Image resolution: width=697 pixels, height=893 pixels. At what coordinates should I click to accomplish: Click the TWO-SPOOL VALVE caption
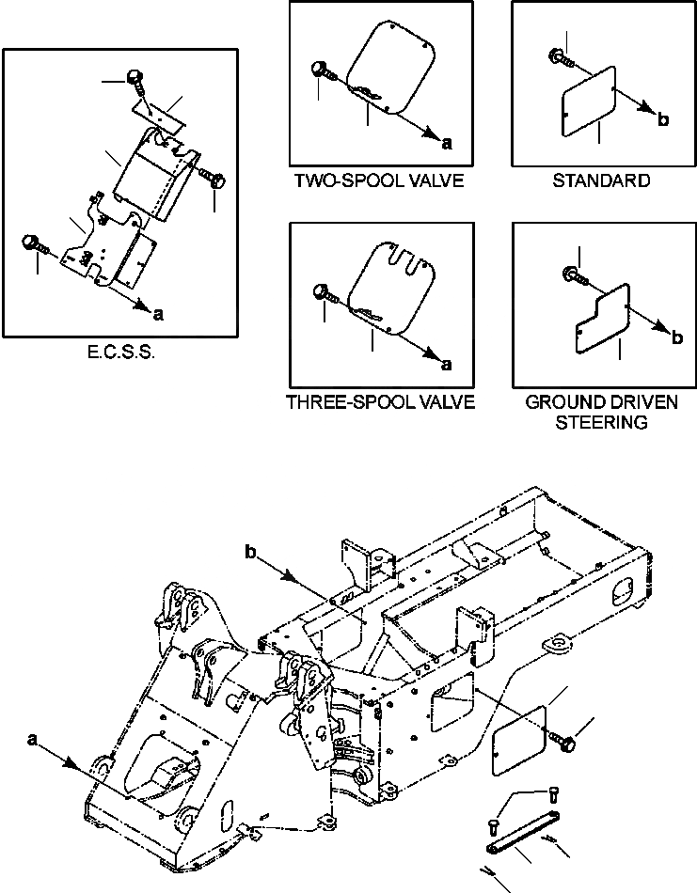pos(379,180)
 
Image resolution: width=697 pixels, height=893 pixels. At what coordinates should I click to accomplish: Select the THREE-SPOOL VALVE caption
pos(379,403)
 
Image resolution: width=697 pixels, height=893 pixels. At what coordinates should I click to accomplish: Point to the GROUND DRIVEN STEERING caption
pos(602,413)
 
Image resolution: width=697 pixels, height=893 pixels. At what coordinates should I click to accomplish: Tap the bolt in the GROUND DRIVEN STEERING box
pos(573,275)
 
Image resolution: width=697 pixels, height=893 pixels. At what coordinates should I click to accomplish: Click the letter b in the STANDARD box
pos(663,120)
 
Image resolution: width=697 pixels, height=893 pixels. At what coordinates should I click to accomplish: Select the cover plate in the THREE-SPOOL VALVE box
pos(391,287)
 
